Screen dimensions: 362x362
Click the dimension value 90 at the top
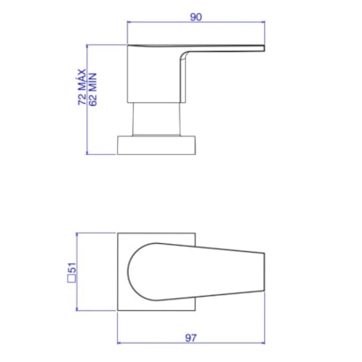coord(196,17)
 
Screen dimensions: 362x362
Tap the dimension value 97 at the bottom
coord(191,338)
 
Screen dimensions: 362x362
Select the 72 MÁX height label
coord(82,87)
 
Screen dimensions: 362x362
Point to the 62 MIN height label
coord(92,89)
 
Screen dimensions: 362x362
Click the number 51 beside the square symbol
coord(72,268)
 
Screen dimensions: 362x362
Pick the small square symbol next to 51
coord(71,278)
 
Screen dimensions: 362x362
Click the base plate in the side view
coord(156,145)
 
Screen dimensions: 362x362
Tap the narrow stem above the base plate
coord(156,119)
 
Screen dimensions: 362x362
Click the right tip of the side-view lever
coord(264,48)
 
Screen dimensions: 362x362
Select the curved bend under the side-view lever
coord(183,55)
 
